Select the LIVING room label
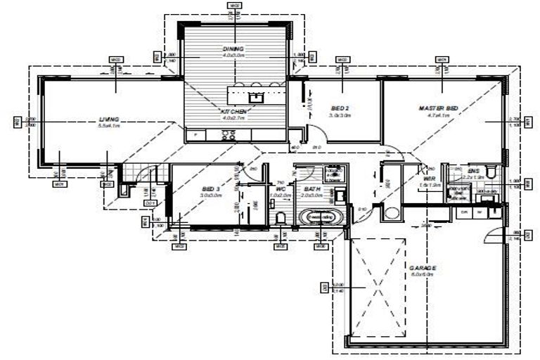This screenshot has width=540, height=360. tap(108, 120)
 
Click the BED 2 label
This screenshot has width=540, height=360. tap(341, 108)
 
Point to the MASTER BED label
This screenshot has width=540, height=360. tap(438, 108)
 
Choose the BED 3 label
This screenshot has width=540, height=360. tap(211, 190)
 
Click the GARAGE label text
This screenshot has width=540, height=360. tap(423, 269)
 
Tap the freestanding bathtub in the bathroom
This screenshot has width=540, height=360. tap(321, 217)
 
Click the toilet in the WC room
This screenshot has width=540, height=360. tap(281, 217)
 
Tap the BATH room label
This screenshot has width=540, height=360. tap(311, 190)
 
